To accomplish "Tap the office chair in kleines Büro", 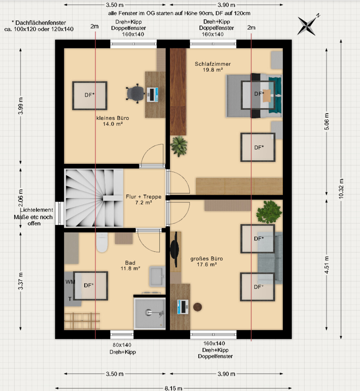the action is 135,93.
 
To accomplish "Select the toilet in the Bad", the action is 102,242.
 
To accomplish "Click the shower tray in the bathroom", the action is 150,313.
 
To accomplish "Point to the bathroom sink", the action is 157,276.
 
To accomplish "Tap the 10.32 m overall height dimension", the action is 341,189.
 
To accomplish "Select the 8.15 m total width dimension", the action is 174,388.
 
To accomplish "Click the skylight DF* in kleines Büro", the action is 90,95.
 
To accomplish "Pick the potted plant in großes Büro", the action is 269,212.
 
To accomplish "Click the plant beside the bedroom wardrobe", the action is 179,146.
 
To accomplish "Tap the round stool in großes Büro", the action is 198,307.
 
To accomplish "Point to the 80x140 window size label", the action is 122,345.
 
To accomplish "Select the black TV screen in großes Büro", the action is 174,249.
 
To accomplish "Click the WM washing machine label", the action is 70,282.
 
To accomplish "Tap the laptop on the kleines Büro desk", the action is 152,94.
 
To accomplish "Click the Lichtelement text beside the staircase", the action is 36,210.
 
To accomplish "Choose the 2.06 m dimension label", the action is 20,198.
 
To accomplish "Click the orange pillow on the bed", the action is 267,95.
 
